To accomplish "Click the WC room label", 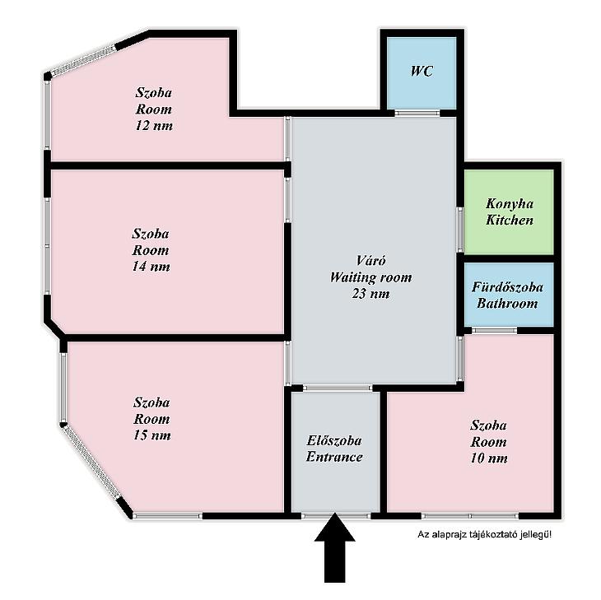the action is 422,72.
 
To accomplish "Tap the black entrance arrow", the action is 334,548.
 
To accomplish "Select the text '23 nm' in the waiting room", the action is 370,294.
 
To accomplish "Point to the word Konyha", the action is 510,204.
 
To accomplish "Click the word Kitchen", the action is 510,220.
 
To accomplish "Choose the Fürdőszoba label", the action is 507,287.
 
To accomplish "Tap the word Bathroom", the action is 507,304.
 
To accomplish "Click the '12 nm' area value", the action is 154,126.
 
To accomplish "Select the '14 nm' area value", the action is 151,267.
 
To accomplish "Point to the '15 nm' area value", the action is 152,435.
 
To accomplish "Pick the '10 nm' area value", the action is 489,458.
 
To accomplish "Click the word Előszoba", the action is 334,440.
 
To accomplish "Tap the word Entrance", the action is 334,457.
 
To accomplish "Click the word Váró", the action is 370,261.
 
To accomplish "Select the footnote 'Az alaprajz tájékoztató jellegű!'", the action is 484,534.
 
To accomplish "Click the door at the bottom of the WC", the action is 417,113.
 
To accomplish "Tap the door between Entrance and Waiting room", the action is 338,388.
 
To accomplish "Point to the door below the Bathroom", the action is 494,330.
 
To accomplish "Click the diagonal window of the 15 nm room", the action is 91,461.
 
